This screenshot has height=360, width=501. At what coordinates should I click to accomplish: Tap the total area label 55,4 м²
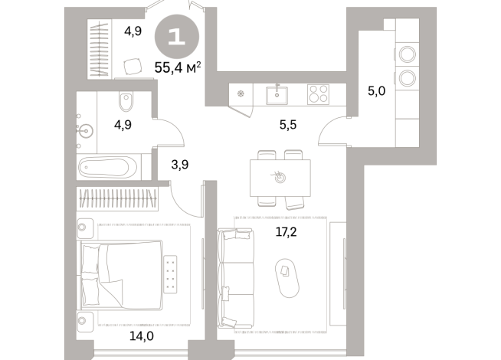click(177, 68)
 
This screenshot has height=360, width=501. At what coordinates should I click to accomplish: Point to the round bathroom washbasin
click(84, 131)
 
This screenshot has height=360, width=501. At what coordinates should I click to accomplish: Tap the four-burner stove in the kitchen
click(318, 93)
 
